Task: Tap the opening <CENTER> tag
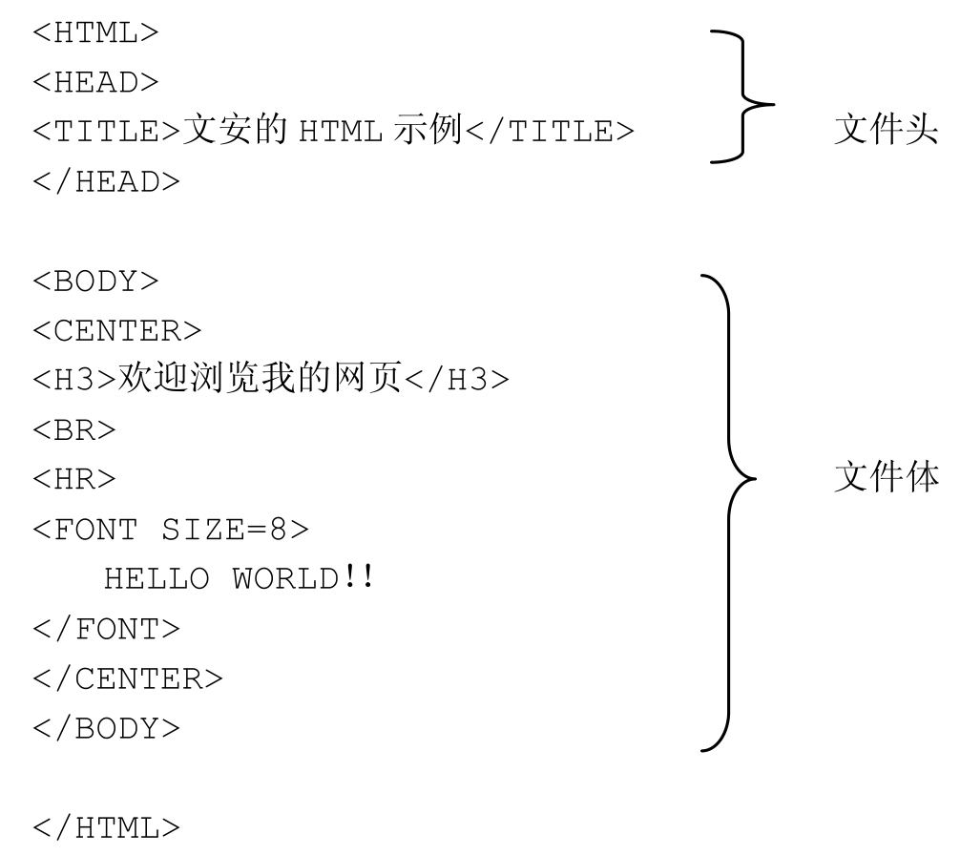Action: pyautogui.click(x=117, y=332)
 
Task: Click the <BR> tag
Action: pyautogui.click(x=74, y=430)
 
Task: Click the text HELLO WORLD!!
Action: pyautogui.click(x=237, y=578)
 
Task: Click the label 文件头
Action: pyautogui.click(x=882, y=132)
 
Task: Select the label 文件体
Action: pyautogui.click(x=882, y=477)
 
